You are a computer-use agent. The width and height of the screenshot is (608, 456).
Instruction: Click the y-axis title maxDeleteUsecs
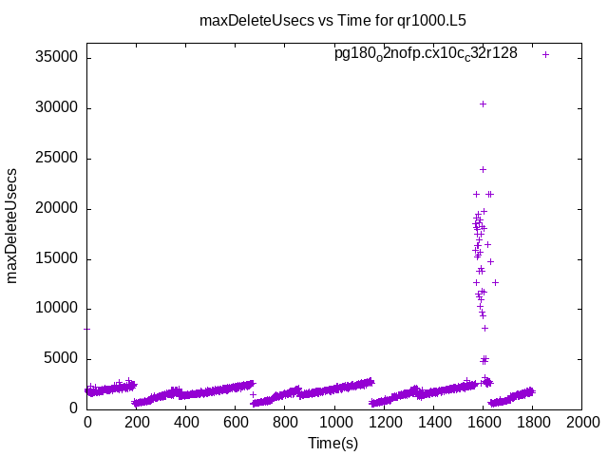coord(13,225)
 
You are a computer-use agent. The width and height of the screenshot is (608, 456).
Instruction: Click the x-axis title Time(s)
coord(333,443)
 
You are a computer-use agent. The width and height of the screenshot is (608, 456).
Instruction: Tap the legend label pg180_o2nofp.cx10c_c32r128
coord(426,54)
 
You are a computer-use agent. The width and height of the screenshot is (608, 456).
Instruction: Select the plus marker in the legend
coord(545,54)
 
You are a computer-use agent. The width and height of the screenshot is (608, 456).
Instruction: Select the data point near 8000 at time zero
coord(87,329)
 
